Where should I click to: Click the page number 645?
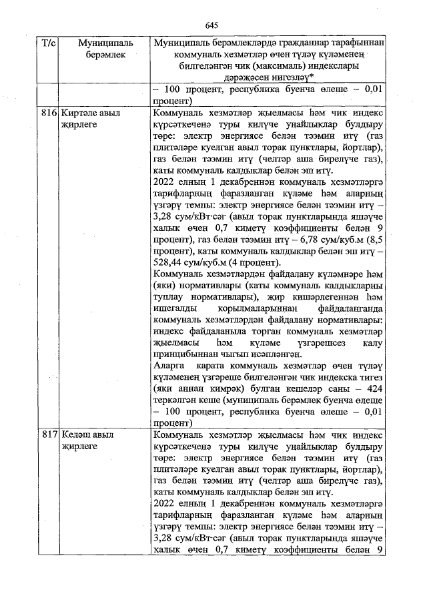[212, 25]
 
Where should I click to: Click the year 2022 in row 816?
[165, 182]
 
